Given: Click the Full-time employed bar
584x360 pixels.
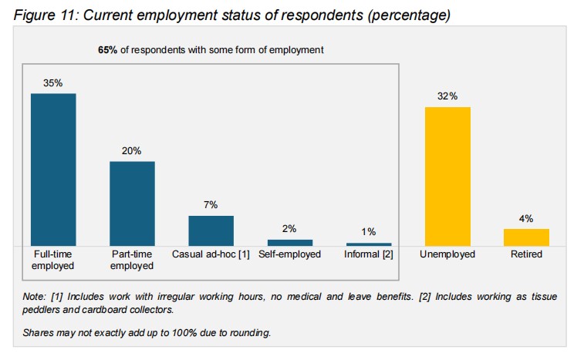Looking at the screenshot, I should pos(53,170).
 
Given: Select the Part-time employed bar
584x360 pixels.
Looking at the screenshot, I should pos(132,204).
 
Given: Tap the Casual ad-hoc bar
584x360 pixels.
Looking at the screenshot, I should pos(211,230).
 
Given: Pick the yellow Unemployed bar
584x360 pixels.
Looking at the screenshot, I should pos(447,177).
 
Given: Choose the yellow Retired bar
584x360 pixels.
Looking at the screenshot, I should pos(526,237).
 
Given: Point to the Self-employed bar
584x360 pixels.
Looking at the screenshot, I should pos(290,242).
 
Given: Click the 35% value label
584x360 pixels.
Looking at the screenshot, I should pos(53,82).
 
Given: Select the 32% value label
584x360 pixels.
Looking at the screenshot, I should pos(447,96).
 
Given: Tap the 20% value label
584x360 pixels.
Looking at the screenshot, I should pos(132,151).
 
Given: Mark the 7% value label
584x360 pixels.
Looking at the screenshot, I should pos(211,205).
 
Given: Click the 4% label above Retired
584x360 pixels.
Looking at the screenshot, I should pos(526,218).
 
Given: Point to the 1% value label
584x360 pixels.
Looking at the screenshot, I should pos(369,232).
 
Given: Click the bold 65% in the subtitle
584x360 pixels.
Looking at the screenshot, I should pos(107,49).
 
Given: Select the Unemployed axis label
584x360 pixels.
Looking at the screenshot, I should pos(447,254).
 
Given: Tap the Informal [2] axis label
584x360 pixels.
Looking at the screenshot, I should pos(369,254).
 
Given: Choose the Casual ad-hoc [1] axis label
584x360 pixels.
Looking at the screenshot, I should pos(211,254).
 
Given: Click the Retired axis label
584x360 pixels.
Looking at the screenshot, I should pos(526,254).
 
